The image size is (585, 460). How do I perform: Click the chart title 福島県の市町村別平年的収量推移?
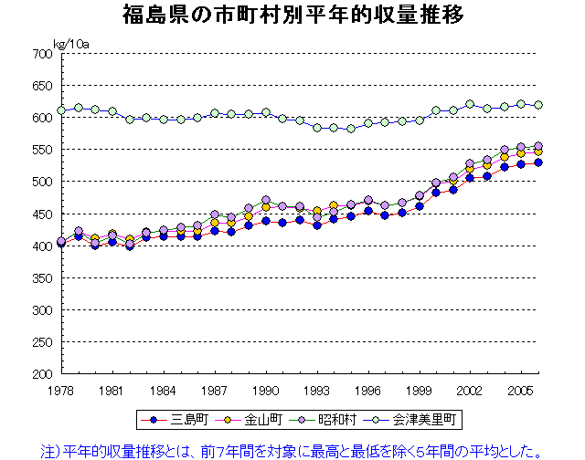pyautogui.click(x=292, y=16)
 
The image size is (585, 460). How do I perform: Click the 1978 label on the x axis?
pyautogui.click(x=61, y=390)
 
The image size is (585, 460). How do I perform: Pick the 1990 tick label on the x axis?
pyautogui.click(x=265, y=390)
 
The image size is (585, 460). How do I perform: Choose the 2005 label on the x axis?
pyautogui.click(x=520, y=390)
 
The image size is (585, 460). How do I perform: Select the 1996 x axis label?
pyautogui.click(x=367, y=390)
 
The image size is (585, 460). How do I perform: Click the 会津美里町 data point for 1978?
pyautogui.click(x=61, y=110)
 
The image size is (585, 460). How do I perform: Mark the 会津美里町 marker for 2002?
pyautogui.click(x=470, y=104)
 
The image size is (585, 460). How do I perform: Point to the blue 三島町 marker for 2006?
pyautogui.click(x=538, y=162)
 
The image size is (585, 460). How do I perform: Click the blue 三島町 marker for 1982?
pyautogui.click(x=130, y=246)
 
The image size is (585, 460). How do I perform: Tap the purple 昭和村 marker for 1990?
pyautogui.click(x=266, y=200)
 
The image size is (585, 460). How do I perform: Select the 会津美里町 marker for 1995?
pyautogui.click(x=351, y=129)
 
